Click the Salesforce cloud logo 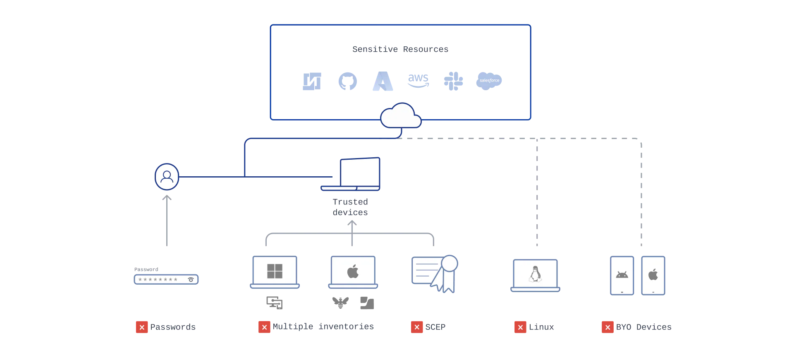click(x=488, y=81)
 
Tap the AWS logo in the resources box click(x=418, y=81)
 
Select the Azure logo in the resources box click(x=382, y=81)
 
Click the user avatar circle click(x=167, y=177)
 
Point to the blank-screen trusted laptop click(x=359, y=173)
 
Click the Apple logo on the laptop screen click(x=353, y=272)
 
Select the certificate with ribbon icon click(x=435, y=274)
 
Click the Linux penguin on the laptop click(x=535, y=274)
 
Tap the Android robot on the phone click(x=622, y=274)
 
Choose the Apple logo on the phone click(x=653, y=274)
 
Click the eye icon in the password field click(x=191, y=280)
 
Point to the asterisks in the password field click(x=158, y=280)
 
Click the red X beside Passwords click(x=142, y=328)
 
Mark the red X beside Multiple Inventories click(x=264, y=328)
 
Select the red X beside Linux click(x=520, y=328)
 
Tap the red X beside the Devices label click(x=607, y=328)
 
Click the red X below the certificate click(x=417, y=327)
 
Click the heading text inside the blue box click(x=400, y=49)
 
